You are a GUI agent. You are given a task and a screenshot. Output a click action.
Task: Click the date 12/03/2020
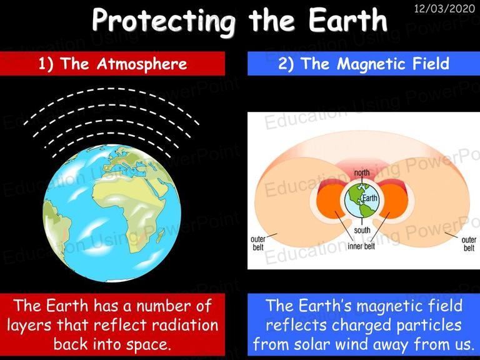coord(444,8)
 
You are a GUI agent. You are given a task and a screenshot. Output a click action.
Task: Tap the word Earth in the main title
coord(348,19)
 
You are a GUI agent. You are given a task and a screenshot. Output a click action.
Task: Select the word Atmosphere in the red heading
coord(142,64)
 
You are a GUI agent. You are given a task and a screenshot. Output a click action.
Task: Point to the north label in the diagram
coord(361,172)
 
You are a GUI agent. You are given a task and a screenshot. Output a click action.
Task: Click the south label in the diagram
coord(362,230)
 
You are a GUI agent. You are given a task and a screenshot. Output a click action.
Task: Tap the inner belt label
coord(361,246)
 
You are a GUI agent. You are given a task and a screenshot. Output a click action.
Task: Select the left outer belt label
coord(257,243)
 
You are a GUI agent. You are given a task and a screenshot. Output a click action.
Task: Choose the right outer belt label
coord(469,244)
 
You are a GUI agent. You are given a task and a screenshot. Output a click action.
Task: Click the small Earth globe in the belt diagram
coord(361,201)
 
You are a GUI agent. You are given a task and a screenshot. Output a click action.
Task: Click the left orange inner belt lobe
coord(331,201)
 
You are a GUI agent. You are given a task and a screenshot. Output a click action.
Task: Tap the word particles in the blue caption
coord(429,326)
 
